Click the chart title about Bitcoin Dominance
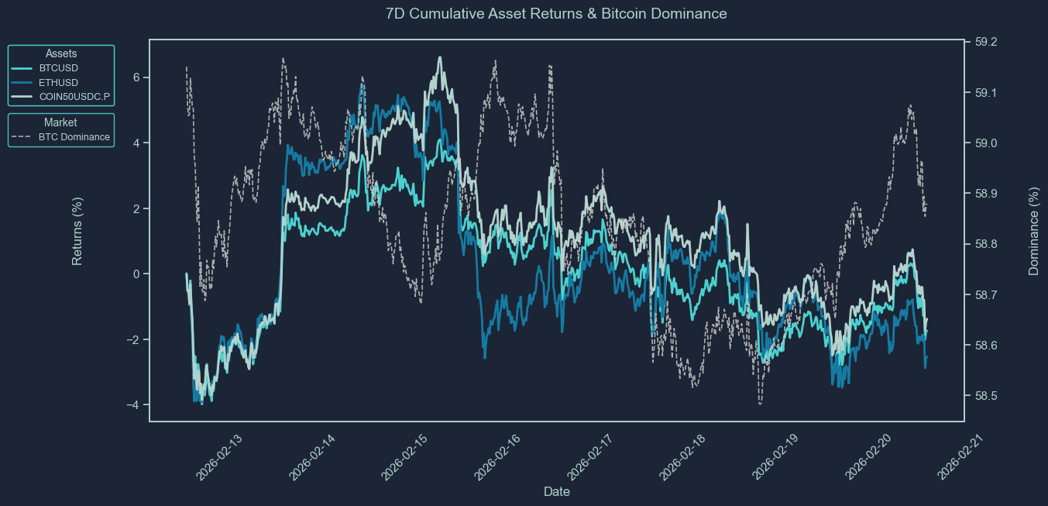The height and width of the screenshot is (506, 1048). [555, 13]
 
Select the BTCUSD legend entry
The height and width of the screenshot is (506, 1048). [58, 68]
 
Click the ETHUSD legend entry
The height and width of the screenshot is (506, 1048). [58, 82]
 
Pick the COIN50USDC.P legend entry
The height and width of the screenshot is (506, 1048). [74, 96]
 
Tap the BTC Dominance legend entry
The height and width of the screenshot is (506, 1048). [74, 137]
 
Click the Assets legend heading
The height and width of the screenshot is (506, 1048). [61, 53]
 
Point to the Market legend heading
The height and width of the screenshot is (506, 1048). [60, 122]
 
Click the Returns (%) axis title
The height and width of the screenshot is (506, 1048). [77, 231]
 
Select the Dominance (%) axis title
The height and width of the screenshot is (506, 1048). [1033, 231]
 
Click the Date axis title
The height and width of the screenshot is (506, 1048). [557, 491]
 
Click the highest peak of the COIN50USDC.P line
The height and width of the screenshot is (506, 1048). [440, 57]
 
